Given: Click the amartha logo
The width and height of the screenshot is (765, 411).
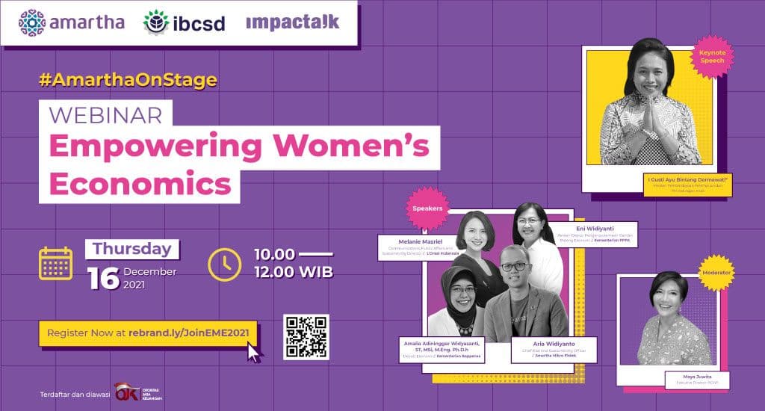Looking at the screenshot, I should (71, 22).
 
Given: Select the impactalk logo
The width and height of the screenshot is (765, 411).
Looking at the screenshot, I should (292, 22).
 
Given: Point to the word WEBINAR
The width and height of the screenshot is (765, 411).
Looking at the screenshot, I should (104, 114).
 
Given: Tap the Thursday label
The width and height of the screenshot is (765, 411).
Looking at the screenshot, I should (131, 249).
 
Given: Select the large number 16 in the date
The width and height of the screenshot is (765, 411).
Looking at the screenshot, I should (103, 278).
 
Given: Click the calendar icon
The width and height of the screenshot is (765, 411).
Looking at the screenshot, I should (55, 263).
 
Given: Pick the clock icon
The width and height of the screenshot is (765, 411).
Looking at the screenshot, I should (224, 263).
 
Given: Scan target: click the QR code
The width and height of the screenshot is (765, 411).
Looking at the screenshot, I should (306, 337).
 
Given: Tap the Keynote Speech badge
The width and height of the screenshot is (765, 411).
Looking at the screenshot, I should (712, 58).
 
